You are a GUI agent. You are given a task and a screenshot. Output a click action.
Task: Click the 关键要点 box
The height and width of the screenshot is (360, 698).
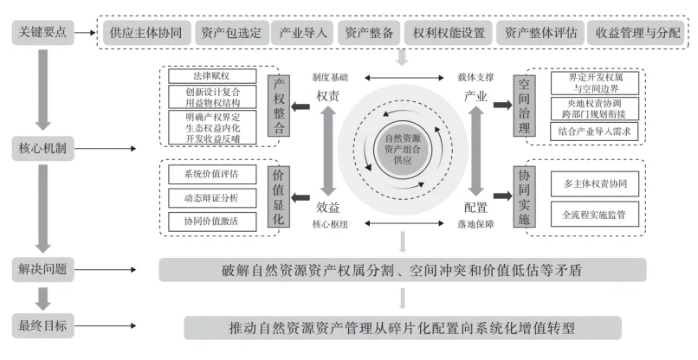[42, 33]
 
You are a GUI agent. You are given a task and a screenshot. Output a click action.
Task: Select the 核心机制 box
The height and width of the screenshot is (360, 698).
[42, 149]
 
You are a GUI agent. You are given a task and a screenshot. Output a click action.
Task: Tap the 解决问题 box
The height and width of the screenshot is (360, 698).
[42, 270]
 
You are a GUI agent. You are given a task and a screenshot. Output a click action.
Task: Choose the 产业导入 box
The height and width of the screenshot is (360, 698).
[303, 33]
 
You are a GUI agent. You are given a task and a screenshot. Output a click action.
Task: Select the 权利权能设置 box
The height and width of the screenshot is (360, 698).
[449, 33]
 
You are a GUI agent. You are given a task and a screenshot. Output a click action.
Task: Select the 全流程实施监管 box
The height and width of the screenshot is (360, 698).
[594, 213]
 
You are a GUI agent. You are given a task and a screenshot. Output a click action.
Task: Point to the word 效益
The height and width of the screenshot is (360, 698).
[327, 208]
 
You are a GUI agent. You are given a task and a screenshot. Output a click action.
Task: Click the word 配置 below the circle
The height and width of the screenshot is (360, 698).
[475, 208]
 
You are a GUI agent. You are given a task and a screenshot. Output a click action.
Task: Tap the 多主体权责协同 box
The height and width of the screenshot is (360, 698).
[594, 183]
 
